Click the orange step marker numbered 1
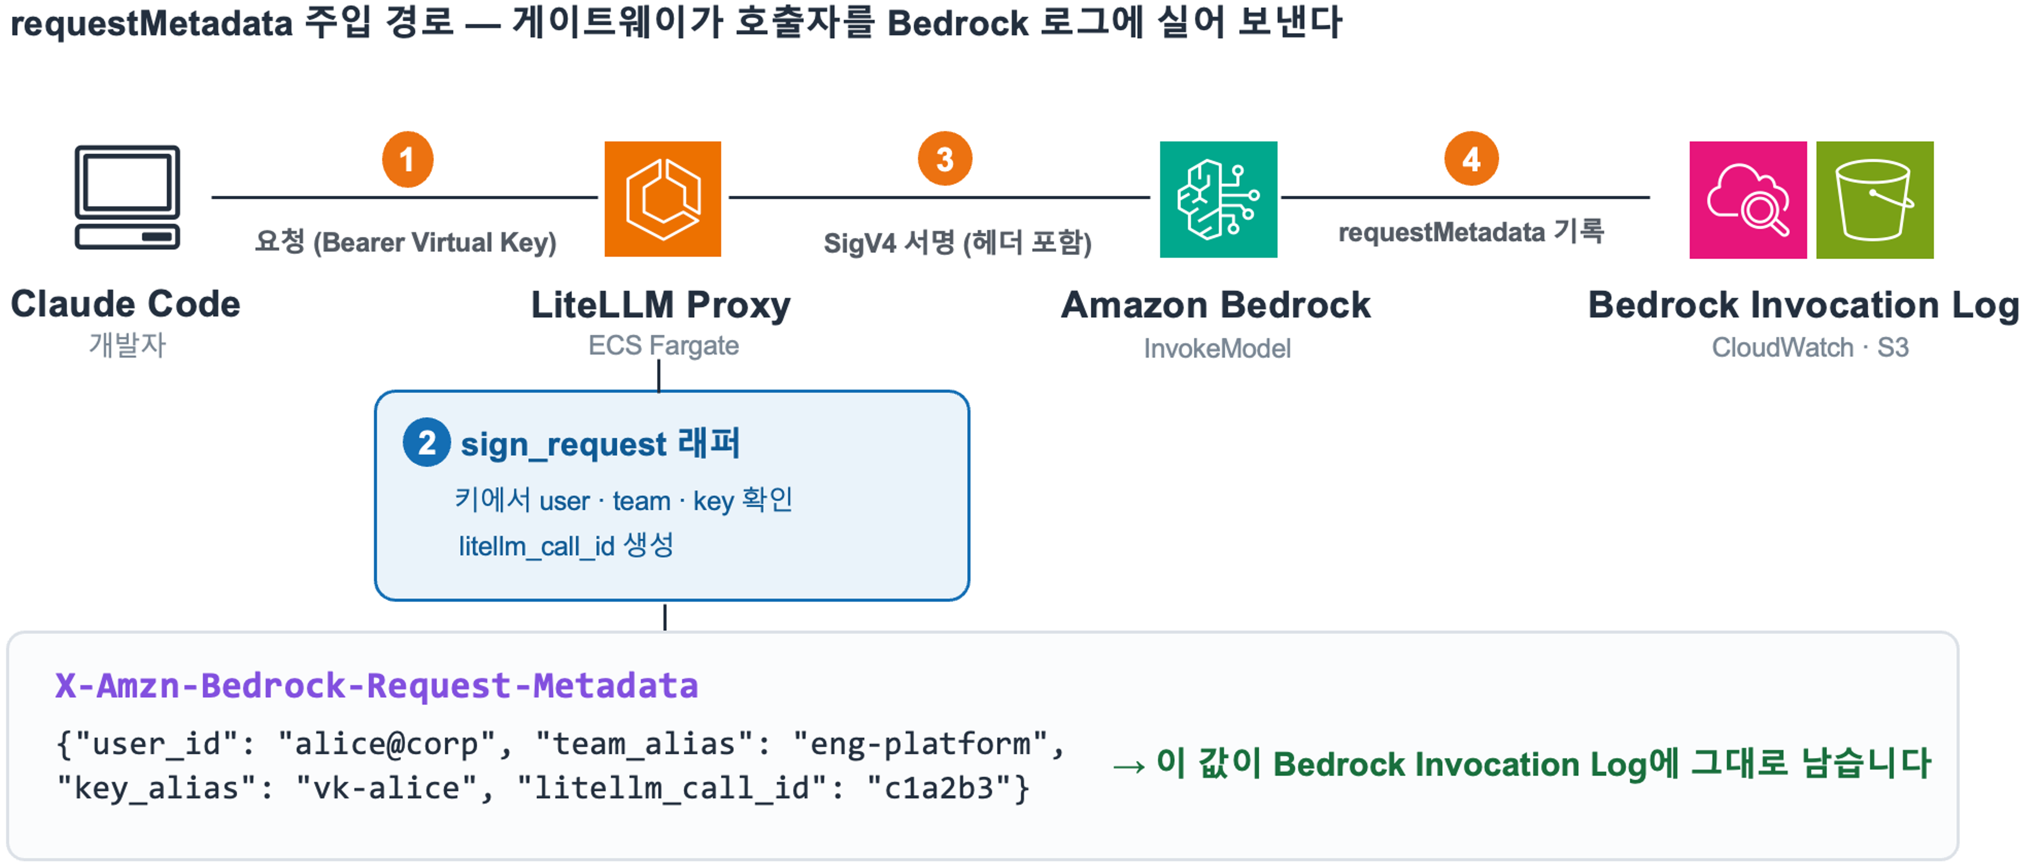click(x=407, y=159)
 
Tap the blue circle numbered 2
click(x=426, y=442)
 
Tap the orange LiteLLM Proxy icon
click(x=663, y=199)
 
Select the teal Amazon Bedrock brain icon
click(x=1218, y=199)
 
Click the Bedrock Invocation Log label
click(x=1803, y=305)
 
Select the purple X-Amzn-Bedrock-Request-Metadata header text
click(x=377, y=686)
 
